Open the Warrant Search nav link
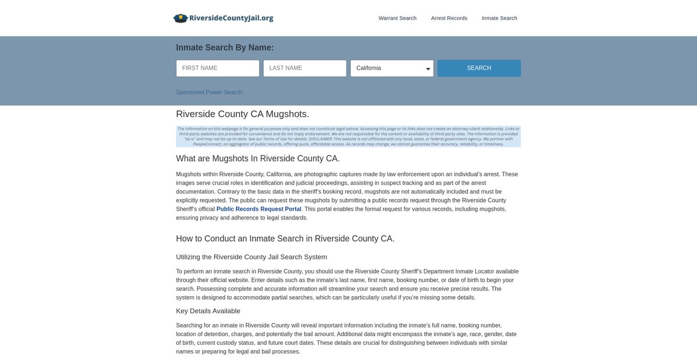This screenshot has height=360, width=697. (x=397, y=18)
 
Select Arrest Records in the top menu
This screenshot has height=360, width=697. (x=449, y=18)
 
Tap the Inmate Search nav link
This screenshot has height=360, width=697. (x=500, y=18)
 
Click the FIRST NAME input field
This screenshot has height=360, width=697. (x=218, y=68)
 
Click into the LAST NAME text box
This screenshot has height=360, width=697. (x=305, y=68)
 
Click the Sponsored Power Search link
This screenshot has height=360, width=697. (x=210, y=92)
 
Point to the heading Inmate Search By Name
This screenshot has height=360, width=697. (x=225, y=48)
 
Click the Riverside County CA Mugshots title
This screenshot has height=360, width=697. (x=242, y=114)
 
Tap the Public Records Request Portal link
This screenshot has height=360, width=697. (x=259, y=209)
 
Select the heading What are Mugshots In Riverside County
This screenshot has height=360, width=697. (x=258, y=159)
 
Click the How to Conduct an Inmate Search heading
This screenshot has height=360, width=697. (x=285, y=239)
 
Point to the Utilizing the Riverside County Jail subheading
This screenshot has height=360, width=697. (x=252, y=257)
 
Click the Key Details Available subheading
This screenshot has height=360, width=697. (x=208, y=311)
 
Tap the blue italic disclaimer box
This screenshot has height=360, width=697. (x=348, y=136)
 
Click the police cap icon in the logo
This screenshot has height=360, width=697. (x=181, y=18)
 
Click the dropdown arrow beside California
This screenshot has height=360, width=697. (x=428, y=69)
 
